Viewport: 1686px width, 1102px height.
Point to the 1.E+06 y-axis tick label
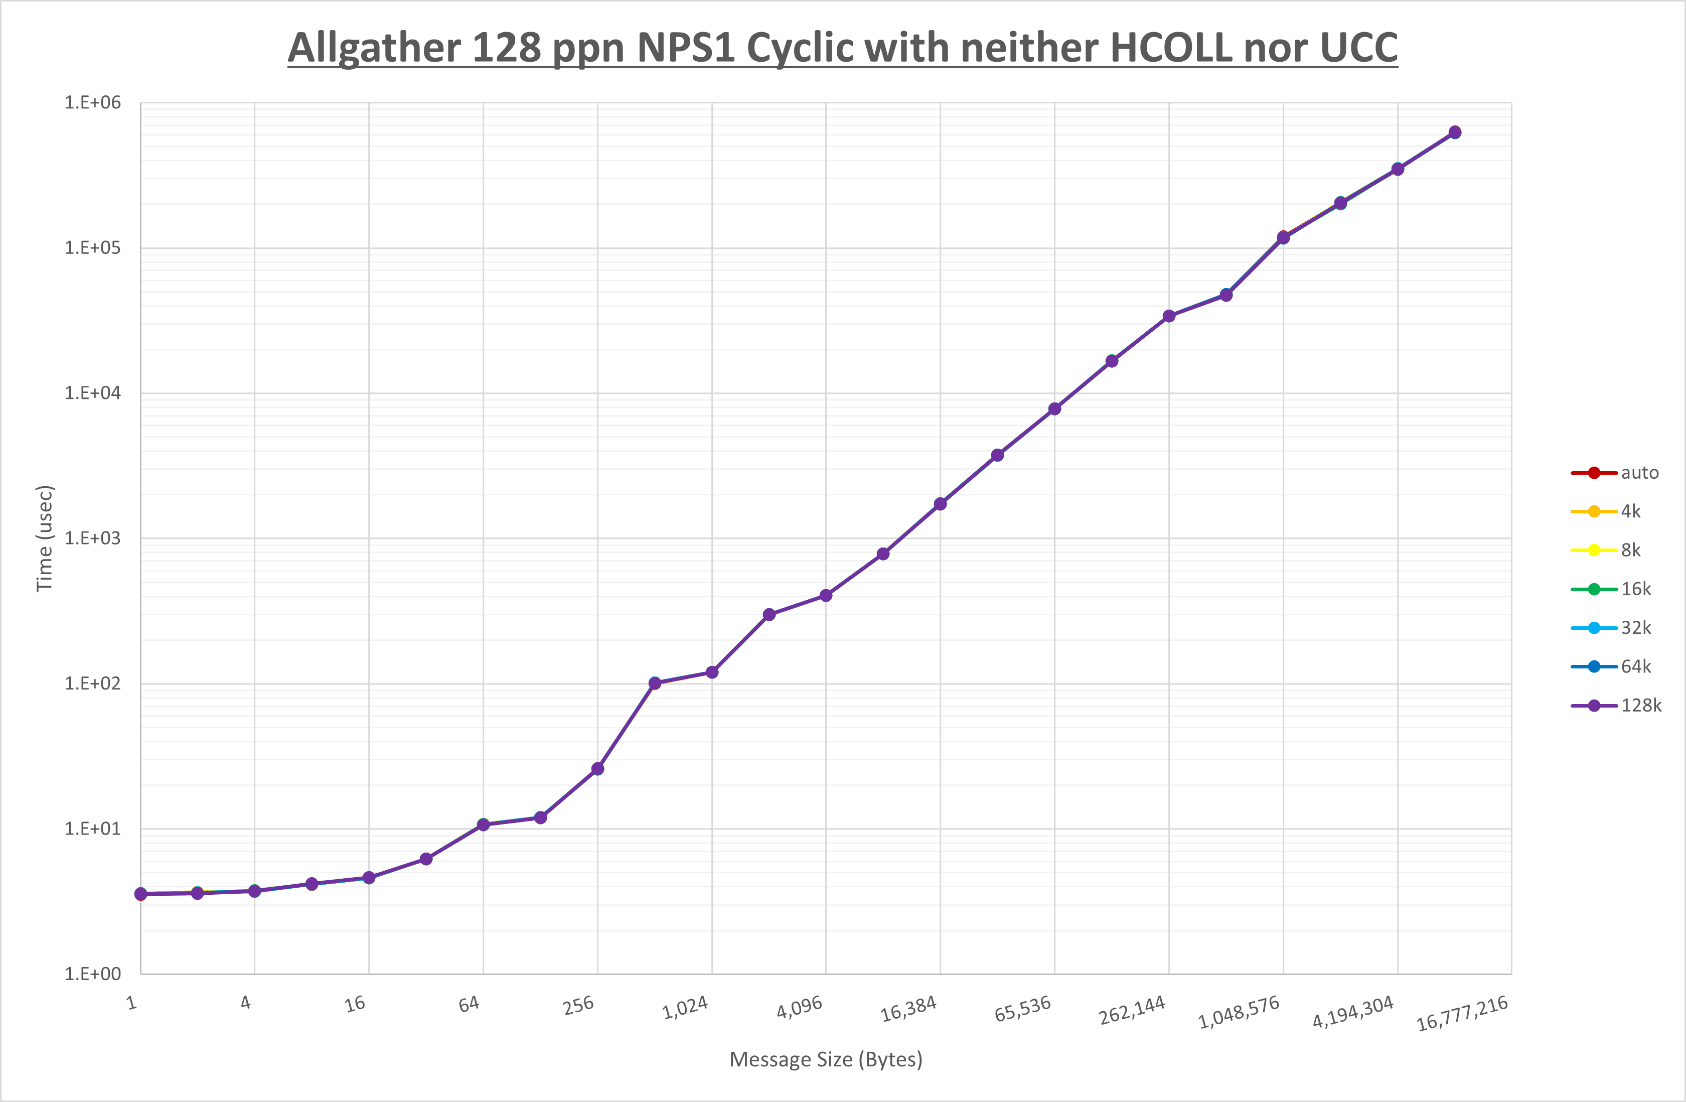(x=93, y=103)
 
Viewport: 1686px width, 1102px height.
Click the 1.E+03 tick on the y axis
(x=93, y=538)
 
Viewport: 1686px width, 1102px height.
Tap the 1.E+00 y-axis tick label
(x=93, y=974)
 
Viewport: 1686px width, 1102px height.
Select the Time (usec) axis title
(x=45, y=538)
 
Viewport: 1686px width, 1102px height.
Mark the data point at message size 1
(x=140, y=894)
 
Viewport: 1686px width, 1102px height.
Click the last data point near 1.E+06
(x=1454, y=132)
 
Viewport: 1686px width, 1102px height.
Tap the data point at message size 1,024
(x=712, y=672)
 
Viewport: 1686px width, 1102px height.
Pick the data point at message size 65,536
(x=1054, y=409)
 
